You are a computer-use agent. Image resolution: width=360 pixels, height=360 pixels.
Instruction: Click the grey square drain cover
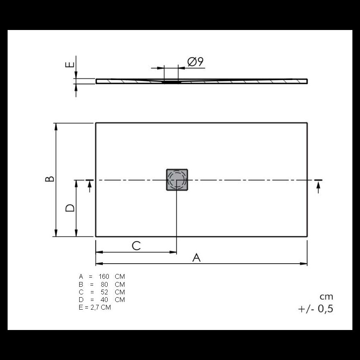tap(177, 180)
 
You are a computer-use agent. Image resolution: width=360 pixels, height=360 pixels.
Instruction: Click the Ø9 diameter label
tap(195, 62)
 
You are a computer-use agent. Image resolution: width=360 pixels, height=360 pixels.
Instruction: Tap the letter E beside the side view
tap(70, 64)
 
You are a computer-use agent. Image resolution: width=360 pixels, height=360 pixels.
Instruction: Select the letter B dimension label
tap(50, 179)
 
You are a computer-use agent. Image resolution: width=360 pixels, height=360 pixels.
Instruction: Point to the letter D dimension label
tap(70, 208)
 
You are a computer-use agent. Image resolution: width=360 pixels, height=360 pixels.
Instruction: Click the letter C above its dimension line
tap(136, 246)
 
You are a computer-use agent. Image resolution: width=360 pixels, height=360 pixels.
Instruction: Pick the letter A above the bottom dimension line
tap(196, 258)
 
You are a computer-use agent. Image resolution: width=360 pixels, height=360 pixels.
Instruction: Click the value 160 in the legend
tap(104, 276)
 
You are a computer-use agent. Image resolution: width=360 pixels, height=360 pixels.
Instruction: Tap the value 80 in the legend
tap(104, 284)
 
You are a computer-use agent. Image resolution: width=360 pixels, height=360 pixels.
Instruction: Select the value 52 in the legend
tap(104, 292)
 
